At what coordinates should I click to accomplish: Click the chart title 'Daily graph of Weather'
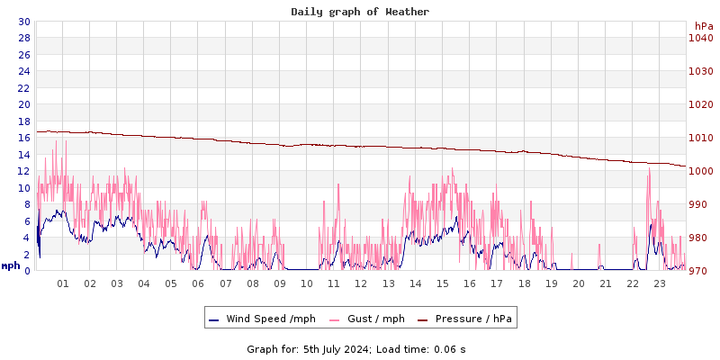(x=359, y=12)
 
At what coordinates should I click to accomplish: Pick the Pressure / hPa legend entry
(x=473, y=319)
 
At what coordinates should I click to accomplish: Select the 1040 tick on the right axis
(x=701, y=38)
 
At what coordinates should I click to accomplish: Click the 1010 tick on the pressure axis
(x=701, y=138)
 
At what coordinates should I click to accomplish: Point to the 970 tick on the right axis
(x=701, y=271)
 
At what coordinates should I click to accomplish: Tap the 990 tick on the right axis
(x=701, y=204)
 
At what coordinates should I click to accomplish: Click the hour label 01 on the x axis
(x=63, y=283)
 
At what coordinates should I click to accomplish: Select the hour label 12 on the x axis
(x=361, y=283)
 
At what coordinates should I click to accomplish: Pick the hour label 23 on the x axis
(x=660, y=283)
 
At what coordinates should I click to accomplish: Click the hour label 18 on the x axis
(x=524, y=283)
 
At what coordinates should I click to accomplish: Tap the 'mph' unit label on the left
(x=11, y=265)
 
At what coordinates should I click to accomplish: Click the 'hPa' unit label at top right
(x=704, y=26)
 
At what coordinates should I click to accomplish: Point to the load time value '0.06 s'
(x=448, y=348)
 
